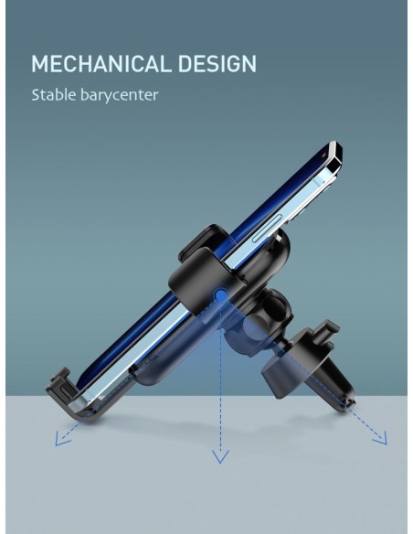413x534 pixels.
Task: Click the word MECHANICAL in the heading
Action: click(101, 64)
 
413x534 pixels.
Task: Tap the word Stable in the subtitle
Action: click(53, 94)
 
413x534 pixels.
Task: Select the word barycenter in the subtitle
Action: click(120, 95)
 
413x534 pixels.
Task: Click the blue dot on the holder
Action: click(221, 294)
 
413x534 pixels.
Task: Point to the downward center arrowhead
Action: click(220, 456)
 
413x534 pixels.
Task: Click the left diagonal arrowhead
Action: click(61, 438)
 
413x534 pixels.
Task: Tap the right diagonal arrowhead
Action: click(381, 438)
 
